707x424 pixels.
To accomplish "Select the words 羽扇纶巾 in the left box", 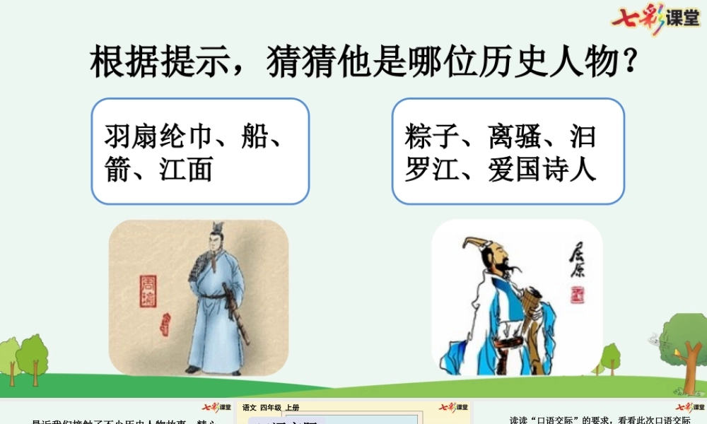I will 159,136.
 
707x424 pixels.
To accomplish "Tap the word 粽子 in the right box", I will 432,136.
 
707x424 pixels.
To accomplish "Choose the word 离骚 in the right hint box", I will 515,136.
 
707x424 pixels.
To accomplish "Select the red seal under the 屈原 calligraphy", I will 578,293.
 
